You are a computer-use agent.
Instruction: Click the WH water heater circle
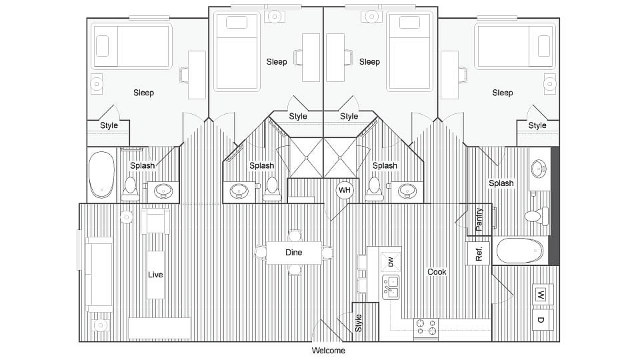pos(344,190)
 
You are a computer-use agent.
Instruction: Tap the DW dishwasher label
pos(390,262)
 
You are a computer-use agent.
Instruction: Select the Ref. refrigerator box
pos(478,253)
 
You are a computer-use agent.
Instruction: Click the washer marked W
pos(541,294)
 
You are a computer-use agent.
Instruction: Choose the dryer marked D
pos(541,320)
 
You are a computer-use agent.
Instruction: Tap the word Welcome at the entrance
pos(329,351)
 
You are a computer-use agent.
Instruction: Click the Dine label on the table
pos(293,253)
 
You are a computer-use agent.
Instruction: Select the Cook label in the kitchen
pos(437,272)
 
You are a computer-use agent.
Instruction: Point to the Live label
pos(155,274)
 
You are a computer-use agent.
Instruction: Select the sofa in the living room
pos(99,272)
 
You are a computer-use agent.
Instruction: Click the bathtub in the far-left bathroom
pos(102,175)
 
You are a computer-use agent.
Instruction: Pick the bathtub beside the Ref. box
pos(520,251)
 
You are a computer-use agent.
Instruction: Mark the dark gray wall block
pos(553,207)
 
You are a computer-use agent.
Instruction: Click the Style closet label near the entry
pos(359,323)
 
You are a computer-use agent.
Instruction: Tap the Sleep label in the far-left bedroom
pos(143,93)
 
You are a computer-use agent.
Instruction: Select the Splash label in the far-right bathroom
pos(501,183)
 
